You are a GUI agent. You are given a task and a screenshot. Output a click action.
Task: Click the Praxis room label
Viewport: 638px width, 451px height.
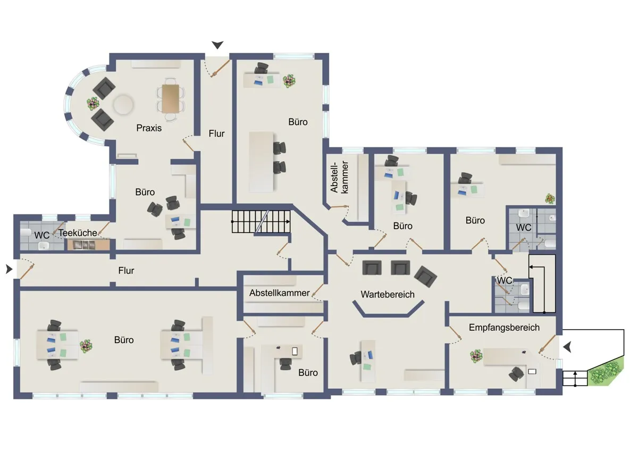(x=149, y=128)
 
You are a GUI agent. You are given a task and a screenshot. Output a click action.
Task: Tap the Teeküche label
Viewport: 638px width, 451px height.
(x=78, y=233)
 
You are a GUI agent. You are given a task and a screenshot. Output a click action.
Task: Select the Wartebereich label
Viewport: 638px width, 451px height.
(x=388, y=294)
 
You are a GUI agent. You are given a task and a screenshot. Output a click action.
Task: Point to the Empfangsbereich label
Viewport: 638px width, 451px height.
(x=504, y=328)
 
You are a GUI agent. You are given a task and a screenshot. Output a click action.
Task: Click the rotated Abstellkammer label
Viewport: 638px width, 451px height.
(x=339, y=177)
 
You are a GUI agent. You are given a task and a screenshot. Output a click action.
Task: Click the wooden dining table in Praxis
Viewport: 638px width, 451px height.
(x=171, y=98)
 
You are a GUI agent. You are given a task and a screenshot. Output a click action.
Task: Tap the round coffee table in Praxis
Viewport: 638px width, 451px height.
(x=123, y=104)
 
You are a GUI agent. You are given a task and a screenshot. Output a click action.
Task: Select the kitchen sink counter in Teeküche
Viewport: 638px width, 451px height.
(x=89, y=245)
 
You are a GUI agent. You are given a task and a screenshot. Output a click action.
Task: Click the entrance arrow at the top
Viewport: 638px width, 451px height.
(x=217, y=45)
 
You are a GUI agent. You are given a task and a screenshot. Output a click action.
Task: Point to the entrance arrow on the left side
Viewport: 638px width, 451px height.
(x=9, y=269)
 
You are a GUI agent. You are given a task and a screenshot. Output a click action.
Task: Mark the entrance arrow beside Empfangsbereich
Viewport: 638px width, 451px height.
(x=567, y=347)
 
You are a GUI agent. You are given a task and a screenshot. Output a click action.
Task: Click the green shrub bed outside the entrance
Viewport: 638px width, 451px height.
(x=606, y=372)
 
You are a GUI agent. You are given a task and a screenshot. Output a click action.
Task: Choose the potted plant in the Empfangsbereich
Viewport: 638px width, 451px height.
(x=476, y=356)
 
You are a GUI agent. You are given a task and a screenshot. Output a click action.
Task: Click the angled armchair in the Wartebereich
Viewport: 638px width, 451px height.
(x=425, y=277)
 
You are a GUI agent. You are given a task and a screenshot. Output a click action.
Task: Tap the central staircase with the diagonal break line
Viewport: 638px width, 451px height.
(x=261, y=221)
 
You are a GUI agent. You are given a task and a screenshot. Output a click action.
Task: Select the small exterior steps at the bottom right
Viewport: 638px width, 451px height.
(x=575, y=378)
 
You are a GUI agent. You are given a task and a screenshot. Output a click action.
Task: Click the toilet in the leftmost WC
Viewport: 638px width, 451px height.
(x=26, y=232)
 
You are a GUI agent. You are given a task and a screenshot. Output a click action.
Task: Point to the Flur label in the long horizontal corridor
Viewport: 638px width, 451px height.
(x=126, y=271)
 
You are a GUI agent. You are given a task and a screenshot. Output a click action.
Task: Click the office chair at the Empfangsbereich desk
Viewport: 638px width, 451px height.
(x=516, y=374)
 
